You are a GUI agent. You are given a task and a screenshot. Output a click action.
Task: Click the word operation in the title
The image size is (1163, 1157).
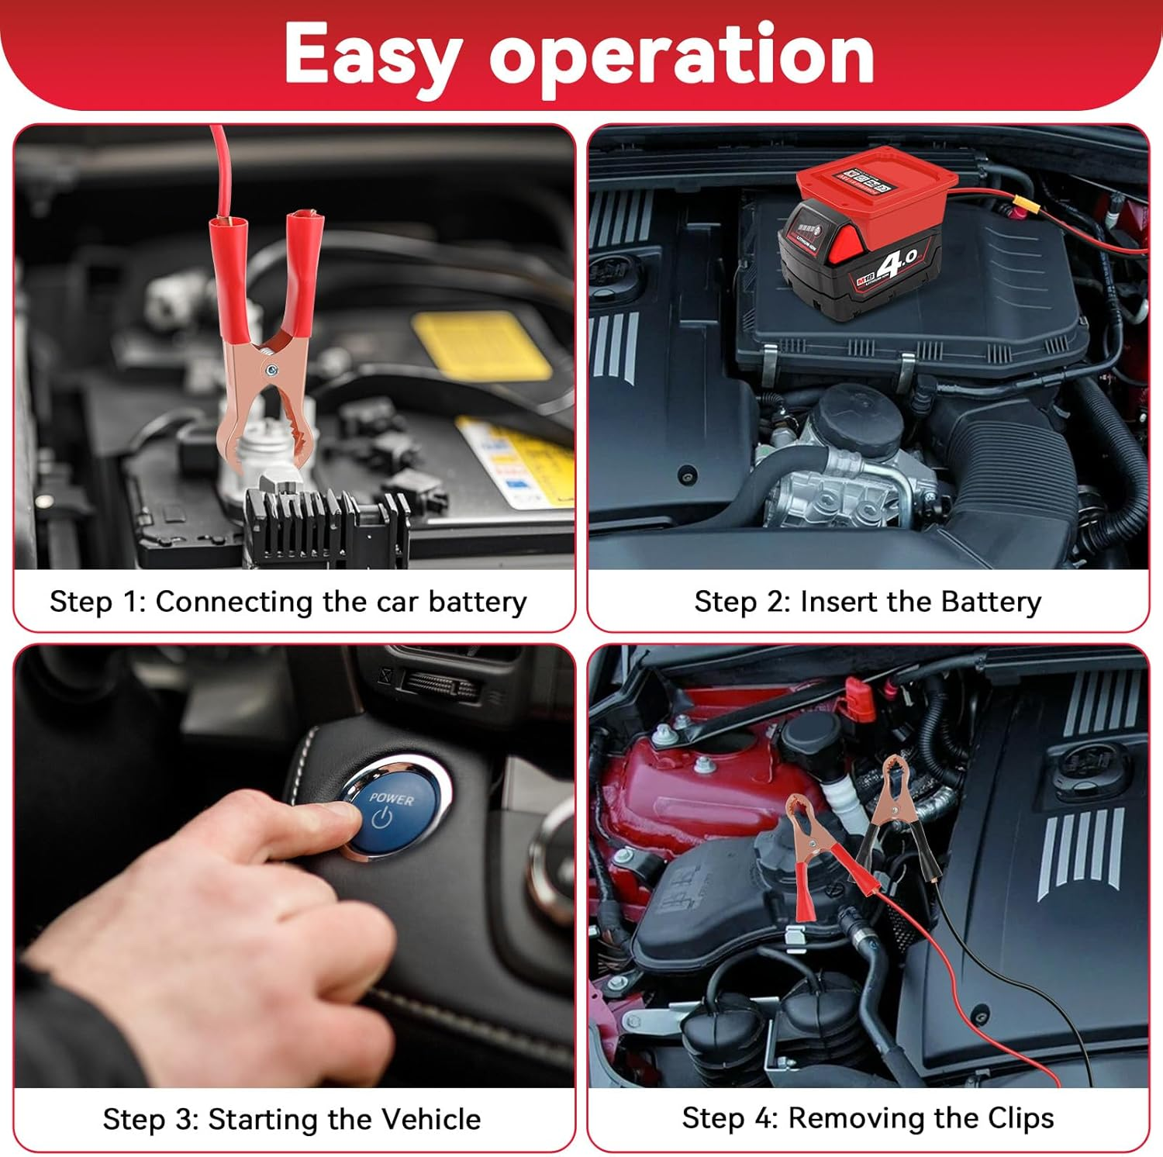(x=682, y=56)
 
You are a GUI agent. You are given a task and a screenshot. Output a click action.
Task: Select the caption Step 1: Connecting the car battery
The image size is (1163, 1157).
(x=288, y=602)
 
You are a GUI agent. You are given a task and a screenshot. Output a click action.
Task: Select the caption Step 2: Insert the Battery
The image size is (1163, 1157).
(x=867, y=602)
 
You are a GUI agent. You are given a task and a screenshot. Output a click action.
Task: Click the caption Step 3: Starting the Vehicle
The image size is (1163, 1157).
(x=292, y=1119)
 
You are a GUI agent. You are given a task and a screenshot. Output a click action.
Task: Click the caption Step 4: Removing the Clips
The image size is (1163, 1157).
(x=868, y=1117)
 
